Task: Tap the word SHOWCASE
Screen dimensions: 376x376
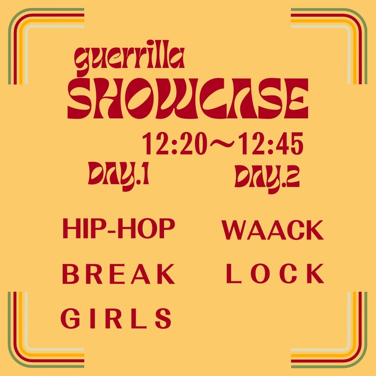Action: coord(188,98)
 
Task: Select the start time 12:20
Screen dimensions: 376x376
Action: coord(174,144)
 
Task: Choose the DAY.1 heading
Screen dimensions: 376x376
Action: coord(119,175)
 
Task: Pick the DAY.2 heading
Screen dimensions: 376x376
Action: coord(267,178)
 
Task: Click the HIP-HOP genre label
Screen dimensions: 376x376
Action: coord(119,228)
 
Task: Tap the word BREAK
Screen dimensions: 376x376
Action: coord(118,274)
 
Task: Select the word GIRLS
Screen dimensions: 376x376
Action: coord(116,318)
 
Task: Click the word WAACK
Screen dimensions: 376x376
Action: coord(273,230)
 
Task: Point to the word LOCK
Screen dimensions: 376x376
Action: coord(275,274)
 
